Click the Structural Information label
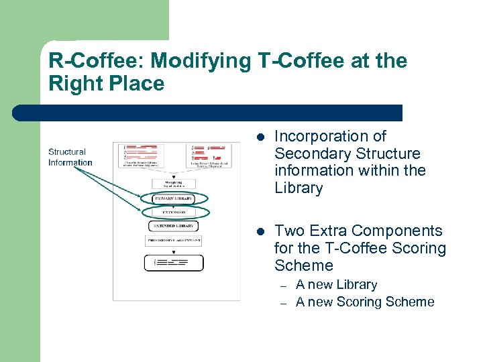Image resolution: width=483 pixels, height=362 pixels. coord(70,157)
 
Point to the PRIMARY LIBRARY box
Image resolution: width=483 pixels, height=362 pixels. coord(174,198)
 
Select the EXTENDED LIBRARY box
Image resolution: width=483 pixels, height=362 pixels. coord(174,226)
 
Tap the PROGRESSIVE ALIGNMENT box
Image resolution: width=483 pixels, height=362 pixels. coord(174,240)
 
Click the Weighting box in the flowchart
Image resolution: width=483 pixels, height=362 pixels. coord(173,183)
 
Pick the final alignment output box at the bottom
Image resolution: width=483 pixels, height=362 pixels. coord(174,263)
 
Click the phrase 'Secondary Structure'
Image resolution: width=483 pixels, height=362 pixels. coord(347,154)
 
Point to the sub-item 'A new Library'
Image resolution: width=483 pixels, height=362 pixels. coord(337,285)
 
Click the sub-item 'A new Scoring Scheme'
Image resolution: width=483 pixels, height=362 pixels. coord(365,302)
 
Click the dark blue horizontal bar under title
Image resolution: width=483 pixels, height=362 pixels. coord(208,113)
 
